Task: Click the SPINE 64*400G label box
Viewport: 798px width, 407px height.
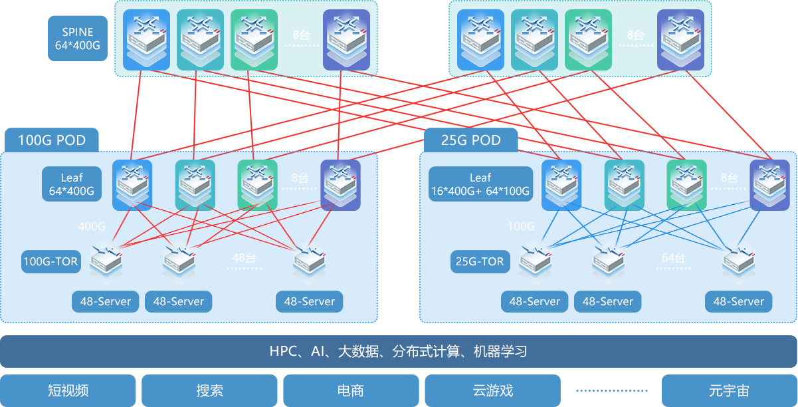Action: click(78, 39)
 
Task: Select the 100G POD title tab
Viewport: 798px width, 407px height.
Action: click(52, 140)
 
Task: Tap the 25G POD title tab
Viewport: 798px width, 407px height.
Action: click(470, 140)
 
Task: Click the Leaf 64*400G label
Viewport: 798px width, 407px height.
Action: click(72, 184)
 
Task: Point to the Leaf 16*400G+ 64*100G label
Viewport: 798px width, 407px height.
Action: click(480, 184)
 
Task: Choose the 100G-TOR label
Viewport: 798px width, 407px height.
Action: click(51, 261)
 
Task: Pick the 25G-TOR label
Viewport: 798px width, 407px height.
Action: click(480, 261)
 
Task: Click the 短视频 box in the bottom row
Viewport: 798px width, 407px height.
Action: click(68, 390)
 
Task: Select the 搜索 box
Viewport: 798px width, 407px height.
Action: click(209, 390)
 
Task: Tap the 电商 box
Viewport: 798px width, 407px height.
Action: click(350, 390)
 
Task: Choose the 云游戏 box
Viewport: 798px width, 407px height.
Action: click(492, 390)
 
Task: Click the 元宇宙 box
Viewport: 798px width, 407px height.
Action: click(729, 390)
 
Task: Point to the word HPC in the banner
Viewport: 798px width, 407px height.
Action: click(284, 351)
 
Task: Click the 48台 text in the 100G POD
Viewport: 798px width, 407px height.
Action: click(244, 258)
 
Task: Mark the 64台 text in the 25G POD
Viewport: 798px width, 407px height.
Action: click(673, 258)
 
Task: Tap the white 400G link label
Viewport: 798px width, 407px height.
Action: click(92, 226)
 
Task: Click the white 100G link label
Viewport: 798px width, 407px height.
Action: click(521, 226)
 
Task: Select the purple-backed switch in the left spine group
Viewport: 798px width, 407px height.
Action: click(346, 39)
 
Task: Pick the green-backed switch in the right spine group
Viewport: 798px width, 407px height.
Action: click(588, 39)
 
